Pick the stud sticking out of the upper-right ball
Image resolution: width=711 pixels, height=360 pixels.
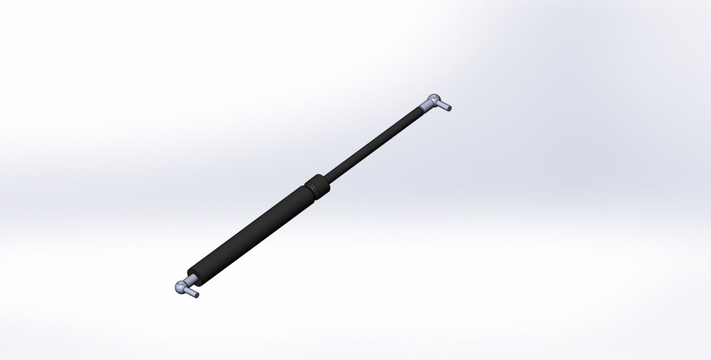point(444,106)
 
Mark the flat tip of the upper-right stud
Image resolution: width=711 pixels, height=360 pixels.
point(449,108)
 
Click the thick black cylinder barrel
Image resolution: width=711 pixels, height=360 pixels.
point(250,233)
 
